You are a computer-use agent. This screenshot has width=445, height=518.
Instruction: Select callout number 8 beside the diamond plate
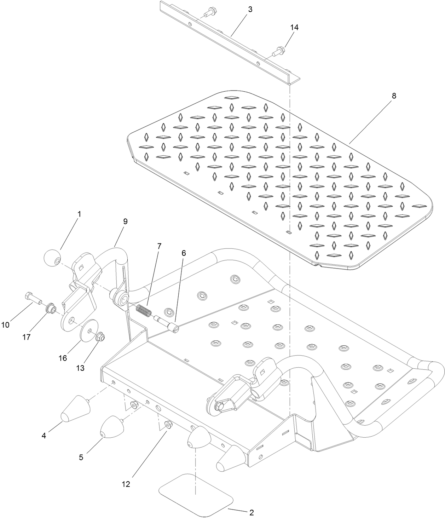394,96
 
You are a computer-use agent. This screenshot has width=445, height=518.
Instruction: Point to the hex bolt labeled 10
33,298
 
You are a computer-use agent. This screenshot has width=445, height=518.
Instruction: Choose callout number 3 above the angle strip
250,10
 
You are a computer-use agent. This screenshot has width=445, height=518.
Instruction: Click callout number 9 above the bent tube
125,221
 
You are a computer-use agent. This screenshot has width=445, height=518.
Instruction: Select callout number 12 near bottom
126,484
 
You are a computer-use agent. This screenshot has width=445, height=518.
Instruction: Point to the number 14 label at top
294,28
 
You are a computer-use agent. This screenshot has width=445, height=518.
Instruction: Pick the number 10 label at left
5,325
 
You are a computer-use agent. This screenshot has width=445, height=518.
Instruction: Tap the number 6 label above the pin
184,253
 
